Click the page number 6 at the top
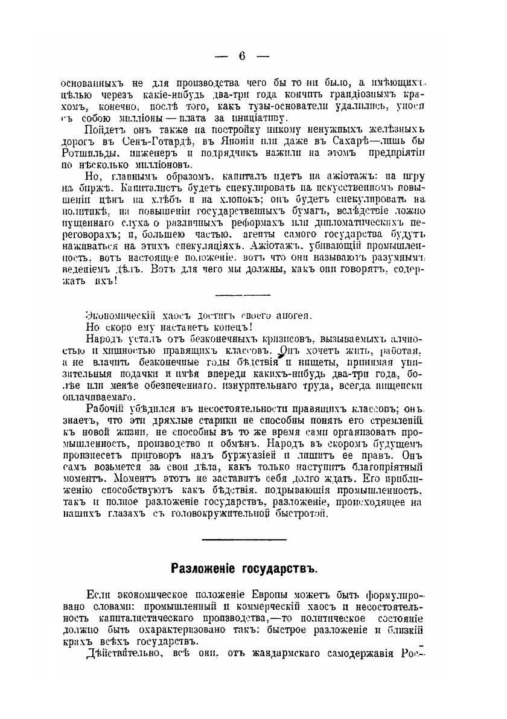point(242,57)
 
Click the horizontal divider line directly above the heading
point(243,539)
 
